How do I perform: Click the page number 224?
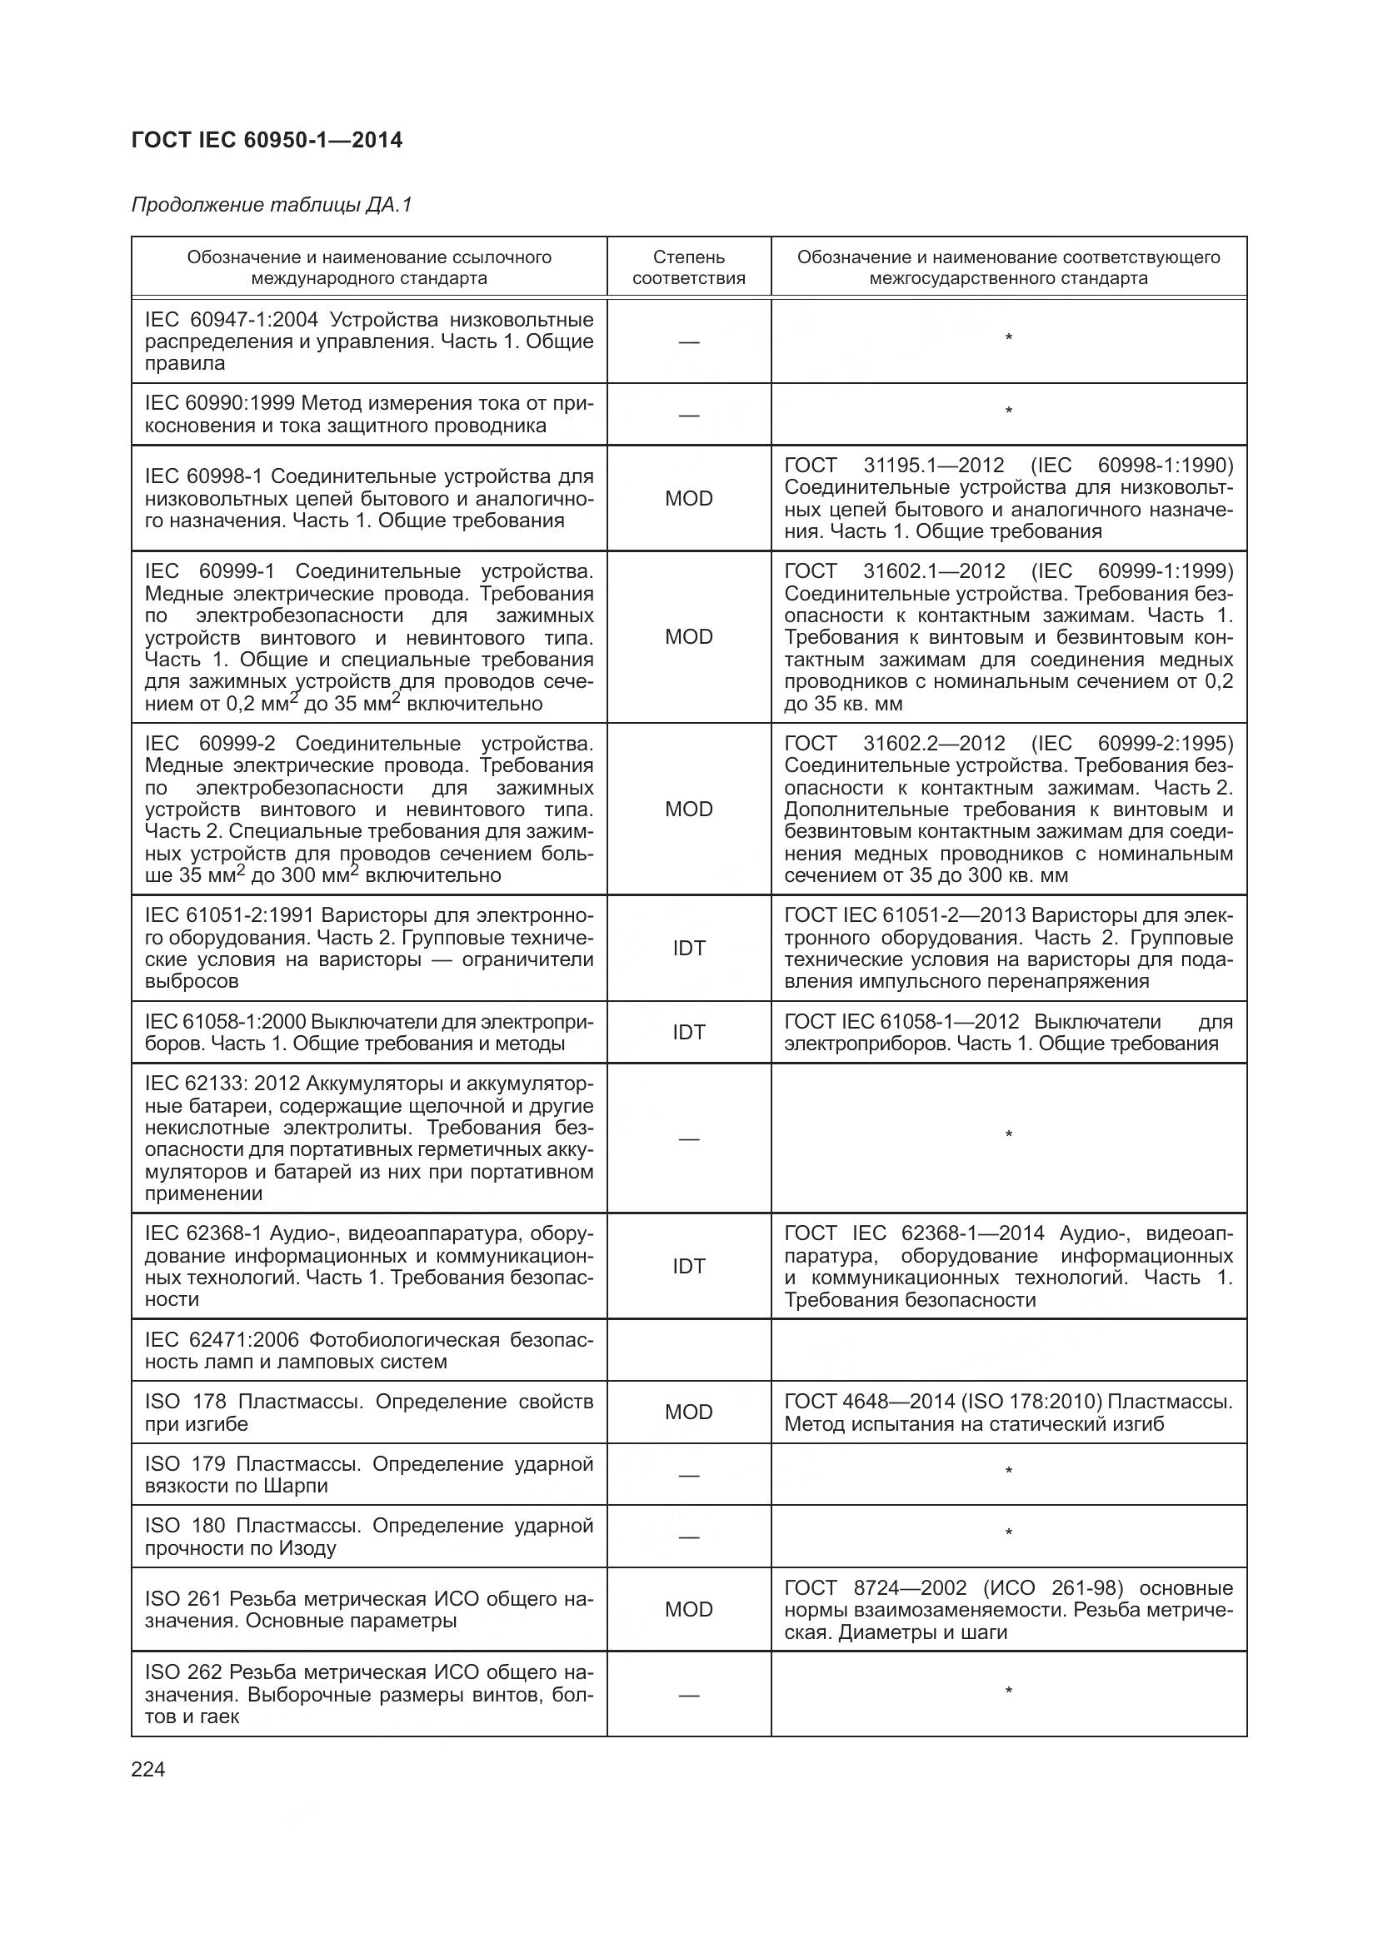[x=148, y=1770]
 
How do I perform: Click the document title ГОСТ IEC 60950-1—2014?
[x=267, y=141]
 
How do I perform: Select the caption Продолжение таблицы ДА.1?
[x=272, y=206]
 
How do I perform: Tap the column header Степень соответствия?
[x=688, y=267]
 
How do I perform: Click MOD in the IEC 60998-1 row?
[x=688, y=499]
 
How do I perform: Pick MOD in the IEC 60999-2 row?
[x=688, y=810]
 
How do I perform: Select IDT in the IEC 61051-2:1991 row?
[x=688, y=949]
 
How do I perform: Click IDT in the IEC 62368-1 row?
[x=688, y=1267]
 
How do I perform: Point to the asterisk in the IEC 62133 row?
[x=1008, y=1135]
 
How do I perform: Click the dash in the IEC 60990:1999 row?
[x=688, y=416]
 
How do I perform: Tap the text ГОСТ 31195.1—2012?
[x=894, y=466]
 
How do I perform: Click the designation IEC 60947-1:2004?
[x=231, y=320]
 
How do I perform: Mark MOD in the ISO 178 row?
[x=688, y=1412]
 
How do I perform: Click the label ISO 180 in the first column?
[x=185, y=1527]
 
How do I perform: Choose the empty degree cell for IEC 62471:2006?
[x=688, y=1351]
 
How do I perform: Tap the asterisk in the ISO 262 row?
[x=1008, y=1691]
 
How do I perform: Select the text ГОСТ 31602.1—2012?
[x=894, y=572]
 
